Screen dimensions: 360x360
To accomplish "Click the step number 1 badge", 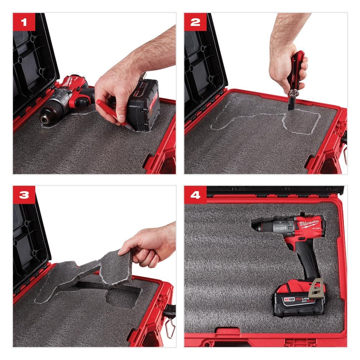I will tap(24, 22).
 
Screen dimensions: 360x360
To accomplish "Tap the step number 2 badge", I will tap(195, 22).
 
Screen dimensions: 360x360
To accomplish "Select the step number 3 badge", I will tap(24, 195).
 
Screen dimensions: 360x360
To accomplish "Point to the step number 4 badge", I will tap(195, 195).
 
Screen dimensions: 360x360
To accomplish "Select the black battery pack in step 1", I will tap(144, 104).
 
